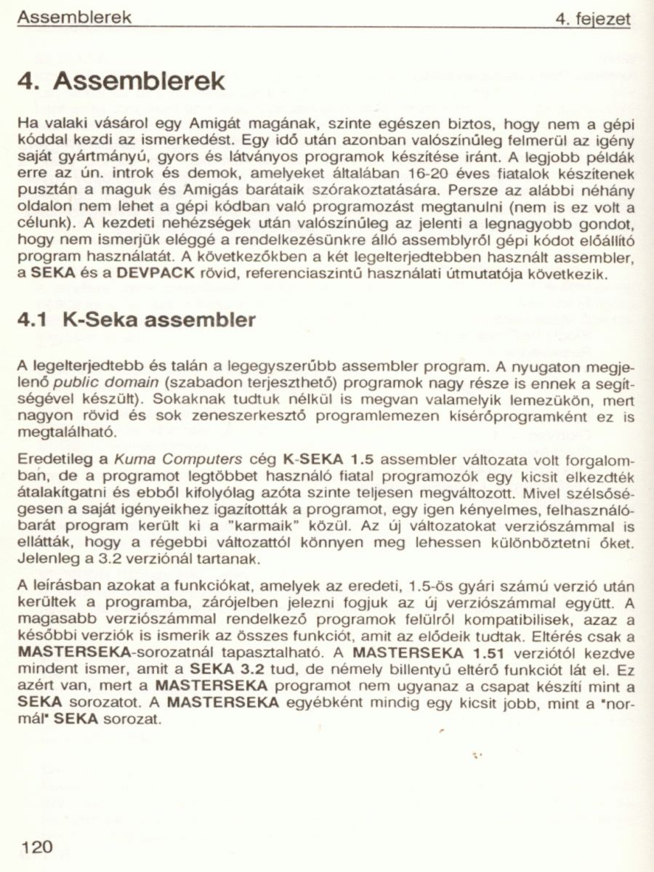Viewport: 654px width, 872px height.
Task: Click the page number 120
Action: (x=38, y=847)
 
